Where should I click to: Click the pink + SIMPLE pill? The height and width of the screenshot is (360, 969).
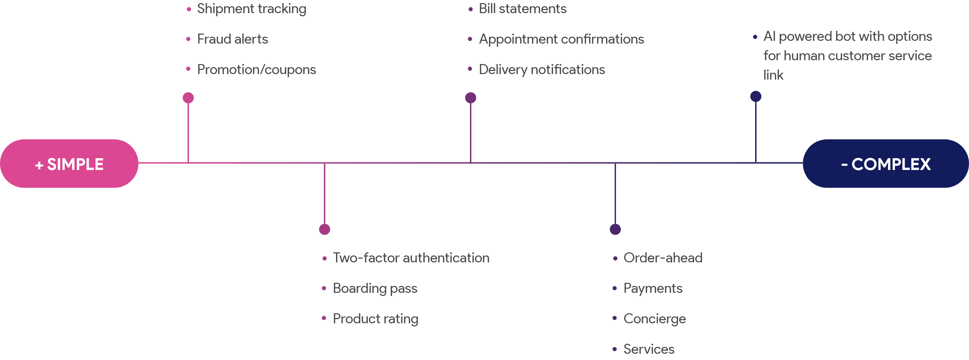tap(69, 164)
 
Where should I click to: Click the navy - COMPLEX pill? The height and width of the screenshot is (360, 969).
tap(886, 164)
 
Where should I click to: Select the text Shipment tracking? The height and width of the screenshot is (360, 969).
tap(251, 9)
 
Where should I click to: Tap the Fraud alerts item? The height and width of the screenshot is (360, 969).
tap(233, 39)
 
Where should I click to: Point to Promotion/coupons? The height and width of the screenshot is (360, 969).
tap(256, 70)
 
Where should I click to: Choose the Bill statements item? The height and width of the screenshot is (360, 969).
tap(522, 9)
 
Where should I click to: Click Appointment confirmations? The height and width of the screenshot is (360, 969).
tap(561, 39)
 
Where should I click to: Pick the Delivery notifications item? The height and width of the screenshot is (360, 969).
tap(541, 70)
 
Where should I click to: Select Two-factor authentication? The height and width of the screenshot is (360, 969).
tap(411, 258)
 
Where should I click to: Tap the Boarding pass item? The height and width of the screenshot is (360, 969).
tap(375, 289)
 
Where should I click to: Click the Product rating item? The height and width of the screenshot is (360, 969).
tap(375, 319)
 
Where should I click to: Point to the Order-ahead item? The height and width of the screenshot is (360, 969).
tap(662, 258)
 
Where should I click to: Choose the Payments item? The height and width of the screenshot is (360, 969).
tap(653, 289)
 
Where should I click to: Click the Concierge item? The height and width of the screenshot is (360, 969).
tap(654, 319)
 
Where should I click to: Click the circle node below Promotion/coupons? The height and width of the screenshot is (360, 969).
tap(188, 98)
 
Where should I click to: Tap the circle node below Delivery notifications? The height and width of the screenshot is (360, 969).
tap(471, 98)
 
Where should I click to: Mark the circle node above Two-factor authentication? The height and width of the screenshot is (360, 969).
tap(325, 229)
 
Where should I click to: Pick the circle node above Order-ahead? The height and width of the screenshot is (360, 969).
tap(615, 229)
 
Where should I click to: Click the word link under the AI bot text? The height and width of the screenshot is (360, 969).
tap(773, 75)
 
